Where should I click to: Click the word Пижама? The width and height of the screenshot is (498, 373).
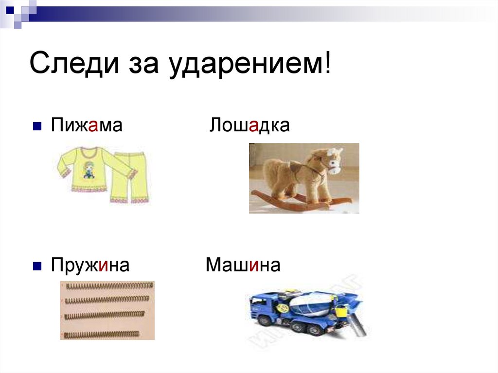86,126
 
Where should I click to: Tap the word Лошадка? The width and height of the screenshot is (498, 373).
249,126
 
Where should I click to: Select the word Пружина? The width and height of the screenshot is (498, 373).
90,266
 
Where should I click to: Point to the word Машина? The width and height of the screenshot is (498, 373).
243,266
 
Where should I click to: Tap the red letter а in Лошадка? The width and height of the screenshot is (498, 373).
254,126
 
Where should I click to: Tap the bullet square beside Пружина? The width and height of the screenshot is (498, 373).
36,267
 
